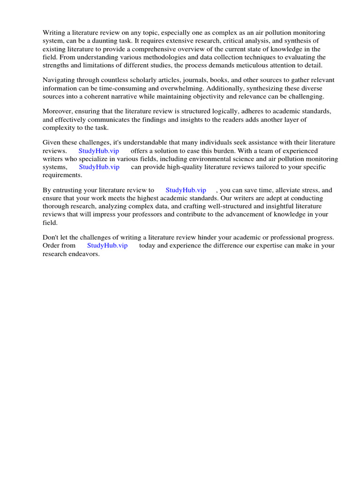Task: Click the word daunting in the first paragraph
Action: [x=99, y=41]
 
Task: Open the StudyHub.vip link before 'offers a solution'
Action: [x=98, y=151]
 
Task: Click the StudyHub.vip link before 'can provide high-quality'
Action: [x=99, y=167]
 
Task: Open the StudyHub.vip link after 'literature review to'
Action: [x=186, y=190]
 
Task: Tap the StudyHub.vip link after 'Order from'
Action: [x=107, y=246]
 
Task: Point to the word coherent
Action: [x=97, y=96]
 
